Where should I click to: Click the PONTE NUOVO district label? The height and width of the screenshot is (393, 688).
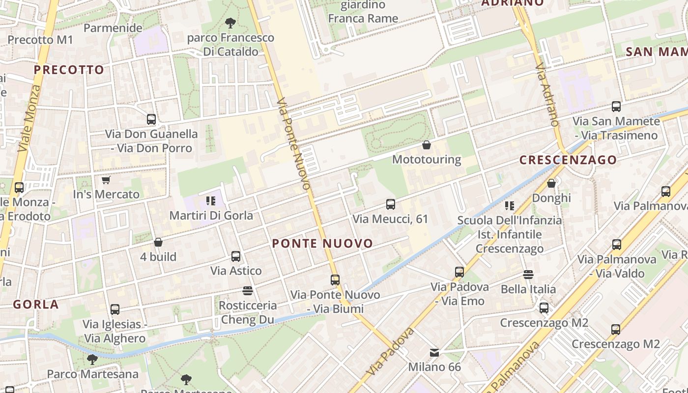point(322,243)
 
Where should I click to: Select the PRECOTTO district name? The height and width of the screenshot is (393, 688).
point(69,70)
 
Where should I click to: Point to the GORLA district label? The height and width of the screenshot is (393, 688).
point(36,305)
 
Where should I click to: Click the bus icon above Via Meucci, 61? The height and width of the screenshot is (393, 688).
point(391,204)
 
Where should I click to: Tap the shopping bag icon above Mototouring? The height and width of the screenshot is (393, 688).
point(427,145)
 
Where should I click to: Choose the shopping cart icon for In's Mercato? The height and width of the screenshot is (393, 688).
point(106,180)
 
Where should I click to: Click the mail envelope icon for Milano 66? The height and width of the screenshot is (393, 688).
point(434,352)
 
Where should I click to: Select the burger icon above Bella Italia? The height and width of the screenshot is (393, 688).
point(528,275)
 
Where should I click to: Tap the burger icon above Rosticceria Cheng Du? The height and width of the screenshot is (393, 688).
point(248,291)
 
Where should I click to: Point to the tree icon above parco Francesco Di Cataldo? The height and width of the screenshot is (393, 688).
point(230,23)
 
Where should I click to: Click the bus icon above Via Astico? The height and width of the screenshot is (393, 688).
point(236,256)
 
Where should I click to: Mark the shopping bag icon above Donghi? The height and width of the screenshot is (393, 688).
point(551,183)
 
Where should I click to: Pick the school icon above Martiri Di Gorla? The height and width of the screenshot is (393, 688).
point(211,200)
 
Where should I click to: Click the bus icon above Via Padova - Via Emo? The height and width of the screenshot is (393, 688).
point(459,272)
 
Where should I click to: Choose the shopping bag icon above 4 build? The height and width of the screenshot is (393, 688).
point(158,242)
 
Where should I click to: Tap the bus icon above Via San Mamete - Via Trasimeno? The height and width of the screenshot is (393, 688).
point(616,106)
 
